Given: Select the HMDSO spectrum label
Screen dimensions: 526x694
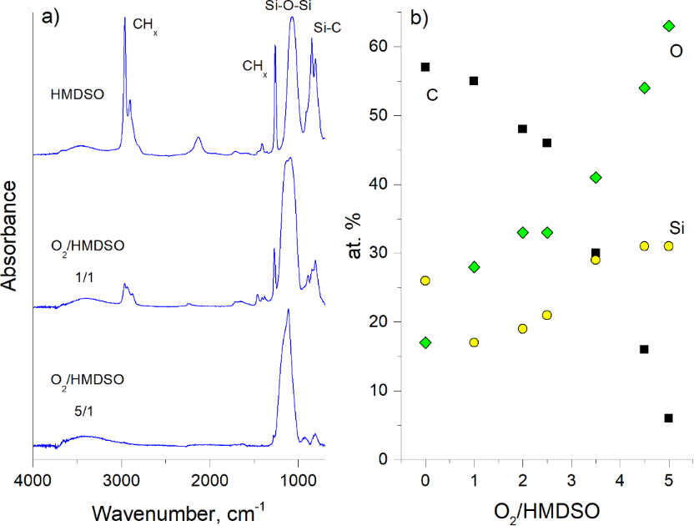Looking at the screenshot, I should (78, 94).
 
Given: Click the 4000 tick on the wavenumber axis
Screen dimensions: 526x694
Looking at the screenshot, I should (33, 479).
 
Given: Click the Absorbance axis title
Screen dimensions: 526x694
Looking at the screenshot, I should (12, 237).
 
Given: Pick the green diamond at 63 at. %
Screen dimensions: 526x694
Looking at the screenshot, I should (668, 26).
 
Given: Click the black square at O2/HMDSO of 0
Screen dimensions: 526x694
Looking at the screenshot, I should (425, 67).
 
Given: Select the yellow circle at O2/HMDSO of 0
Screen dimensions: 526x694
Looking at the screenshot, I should (425, 281).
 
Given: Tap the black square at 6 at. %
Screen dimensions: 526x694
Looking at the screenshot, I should (668, 417).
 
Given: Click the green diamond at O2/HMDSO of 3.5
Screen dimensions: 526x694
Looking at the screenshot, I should (596, 177).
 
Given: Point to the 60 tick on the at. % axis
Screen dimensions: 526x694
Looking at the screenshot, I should (380, 47).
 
